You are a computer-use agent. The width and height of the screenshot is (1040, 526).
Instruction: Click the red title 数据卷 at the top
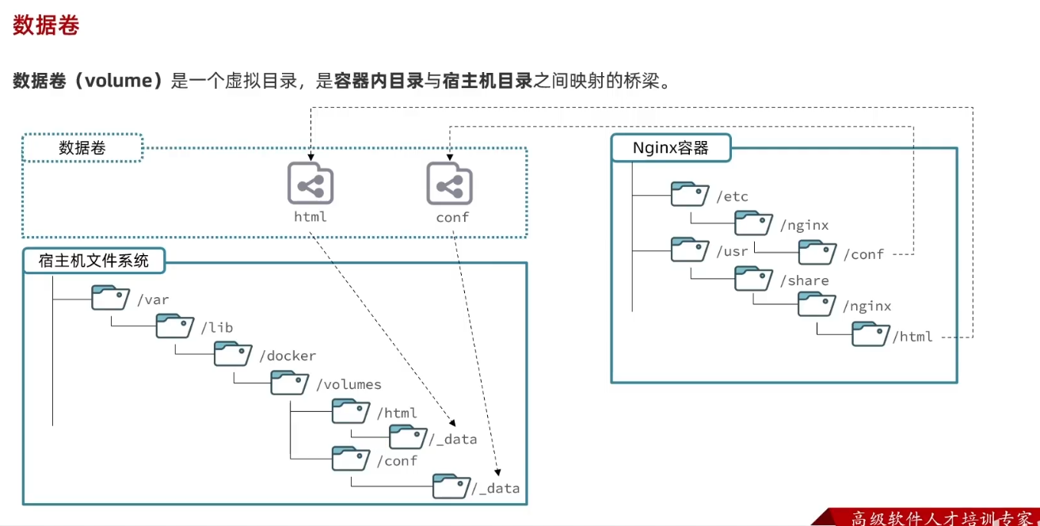click(46, 25)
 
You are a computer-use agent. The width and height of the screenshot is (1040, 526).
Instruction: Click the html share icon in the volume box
click(310, 184)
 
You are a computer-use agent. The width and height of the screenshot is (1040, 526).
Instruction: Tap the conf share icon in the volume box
click(449, 184)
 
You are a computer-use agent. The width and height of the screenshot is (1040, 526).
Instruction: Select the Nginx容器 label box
click(671, 148)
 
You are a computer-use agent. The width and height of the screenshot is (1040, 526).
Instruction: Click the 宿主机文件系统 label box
click(93, 260)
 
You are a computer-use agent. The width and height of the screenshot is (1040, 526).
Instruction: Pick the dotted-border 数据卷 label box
click(82, 148)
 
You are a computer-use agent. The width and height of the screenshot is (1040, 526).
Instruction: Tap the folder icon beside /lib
click(174, 326)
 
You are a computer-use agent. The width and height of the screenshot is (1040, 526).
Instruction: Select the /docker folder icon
click(232, 355)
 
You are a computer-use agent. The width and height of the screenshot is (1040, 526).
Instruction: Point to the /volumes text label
click(349, 385)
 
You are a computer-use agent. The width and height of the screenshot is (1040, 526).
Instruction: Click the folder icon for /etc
click(689, 195)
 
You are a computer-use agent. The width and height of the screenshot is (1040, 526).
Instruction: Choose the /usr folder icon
click(689, 250)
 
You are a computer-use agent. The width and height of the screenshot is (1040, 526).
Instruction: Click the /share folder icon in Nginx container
click(753, 279)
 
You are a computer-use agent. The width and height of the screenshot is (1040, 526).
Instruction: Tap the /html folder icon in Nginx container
click(870, 334)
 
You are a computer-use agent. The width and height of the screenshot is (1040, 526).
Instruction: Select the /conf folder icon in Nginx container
click(817, 252)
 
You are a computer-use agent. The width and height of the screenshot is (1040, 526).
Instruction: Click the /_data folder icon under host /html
click(407, 436)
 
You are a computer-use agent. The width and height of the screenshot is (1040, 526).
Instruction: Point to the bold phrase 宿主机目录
click(487, 81)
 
